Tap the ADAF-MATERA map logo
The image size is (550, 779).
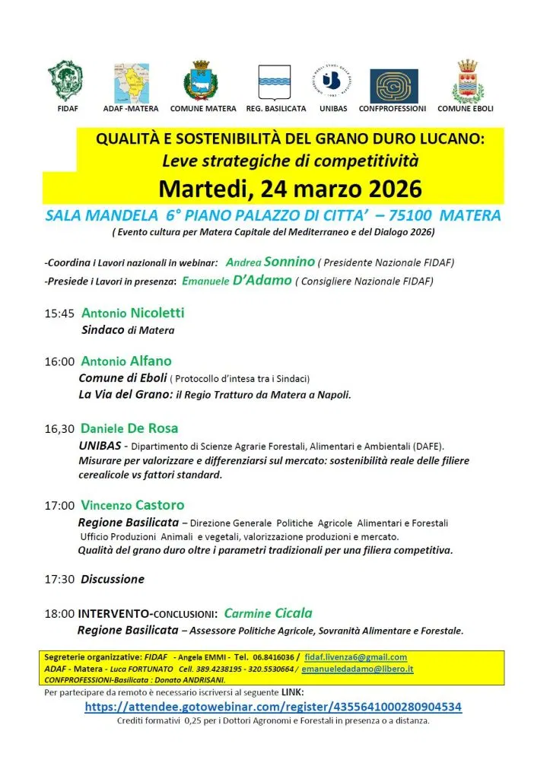(131, 81)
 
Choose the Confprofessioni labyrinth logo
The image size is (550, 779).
(393, 85)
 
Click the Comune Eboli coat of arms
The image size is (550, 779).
(465, 81)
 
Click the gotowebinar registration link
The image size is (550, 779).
(273, 706)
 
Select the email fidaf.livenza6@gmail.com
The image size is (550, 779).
(355, 657)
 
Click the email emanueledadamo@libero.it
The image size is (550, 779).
(358, 668)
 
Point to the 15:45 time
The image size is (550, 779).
(59, 313)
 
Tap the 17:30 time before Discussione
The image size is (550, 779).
(59, 579)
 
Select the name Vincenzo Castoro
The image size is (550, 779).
(132, 505)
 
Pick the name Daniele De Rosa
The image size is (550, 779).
(129, 428)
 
